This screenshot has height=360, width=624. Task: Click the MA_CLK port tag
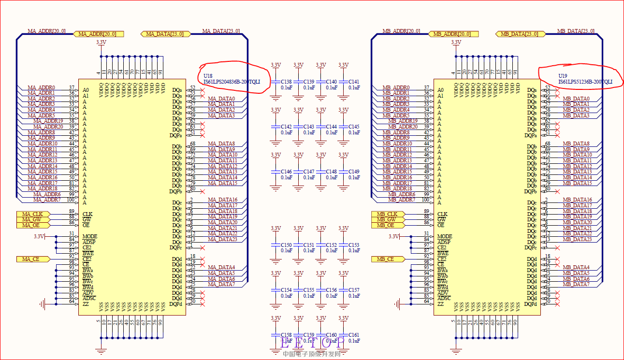33,214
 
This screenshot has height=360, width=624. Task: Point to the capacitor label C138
287,82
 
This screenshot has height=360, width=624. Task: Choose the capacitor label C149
354,172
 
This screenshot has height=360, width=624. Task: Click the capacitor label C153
354,245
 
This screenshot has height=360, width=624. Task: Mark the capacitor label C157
354,290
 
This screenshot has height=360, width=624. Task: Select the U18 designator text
208,76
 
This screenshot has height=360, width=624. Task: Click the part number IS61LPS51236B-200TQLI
585,82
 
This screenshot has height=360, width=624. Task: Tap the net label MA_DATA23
223,239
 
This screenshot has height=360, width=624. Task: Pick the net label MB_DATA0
576,99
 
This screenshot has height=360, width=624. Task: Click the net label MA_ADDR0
41,87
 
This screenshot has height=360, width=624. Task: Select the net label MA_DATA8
221,144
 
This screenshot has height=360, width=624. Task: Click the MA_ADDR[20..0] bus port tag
98,34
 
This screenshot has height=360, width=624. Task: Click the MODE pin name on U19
445,236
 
